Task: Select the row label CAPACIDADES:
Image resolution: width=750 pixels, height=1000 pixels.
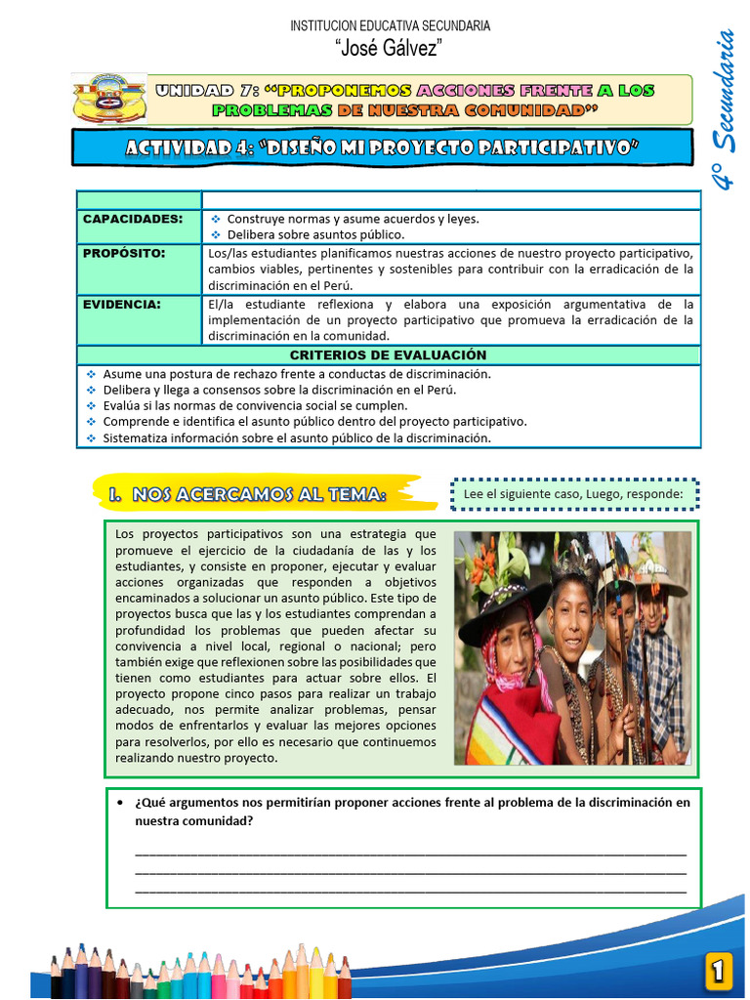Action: click(x=133, y=219)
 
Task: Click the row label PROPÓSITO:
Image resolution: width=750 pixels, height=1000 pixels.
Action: click(x=124, y=253)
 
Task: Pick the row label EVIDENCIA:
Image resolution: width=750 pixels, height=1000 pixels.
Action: click(x=121, y=304)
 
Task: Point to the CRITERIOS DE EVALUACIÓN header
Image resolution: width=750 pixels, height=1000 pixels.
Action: click(x=388, y=355)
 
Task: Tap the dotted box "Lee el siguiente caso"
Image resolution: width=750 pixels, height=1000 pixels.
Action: click(x=574, y=495)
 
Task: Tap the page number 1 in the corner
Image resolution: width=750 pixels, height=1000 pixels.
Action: click(x=718, y=971)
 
